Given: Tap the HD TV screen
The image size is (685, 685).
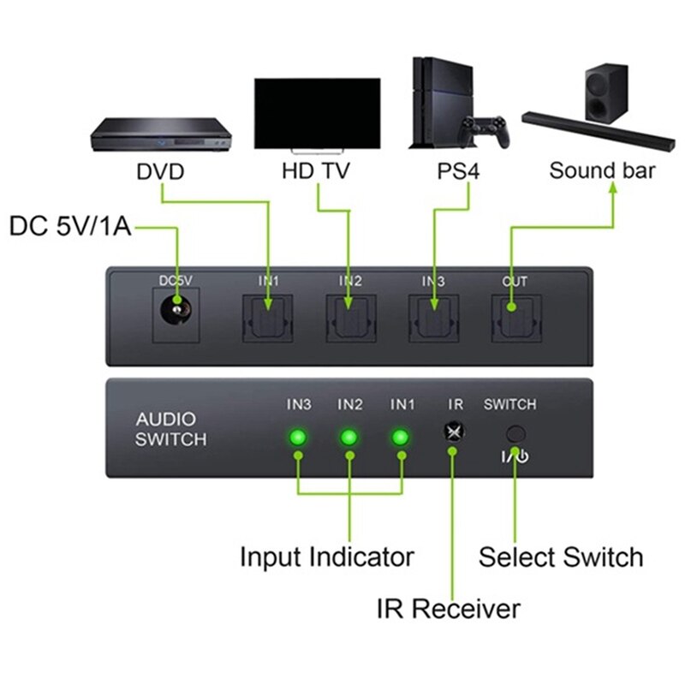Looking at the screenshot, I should click(317, 113).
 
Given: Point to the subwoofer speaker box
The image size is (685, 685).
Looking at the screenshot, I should click(606, 92).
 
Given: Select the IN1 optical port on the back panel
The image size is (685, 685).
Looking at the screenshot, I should click(268, 318).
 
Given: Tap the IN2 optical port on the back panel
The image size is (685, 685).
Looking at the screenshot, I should click(349, 318).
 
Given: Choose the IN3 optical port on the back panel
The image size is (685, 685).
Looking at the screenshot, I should click(433, 318).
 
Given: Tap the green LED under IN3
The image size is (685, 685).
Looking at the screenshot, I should click(298, 438).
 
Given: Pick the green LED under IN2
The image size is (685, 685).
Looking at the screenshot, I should click(348, 438).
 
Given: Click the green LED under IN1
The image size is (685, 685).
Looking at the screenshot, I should click(400, 438).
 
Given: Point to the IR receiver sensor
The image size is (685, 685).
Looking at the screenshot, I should click(453, 432).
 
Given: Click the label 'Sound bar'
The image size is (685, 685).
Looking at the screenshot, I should click(602, 170).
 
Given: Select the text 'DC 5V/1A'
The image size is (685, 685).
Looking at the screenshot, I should click(70, 228).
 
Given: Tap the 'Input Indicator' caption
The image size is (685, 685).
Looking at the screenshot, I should click(327, 557).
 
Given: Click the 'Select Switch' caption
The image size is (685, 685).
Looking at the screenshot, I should click(561, 557).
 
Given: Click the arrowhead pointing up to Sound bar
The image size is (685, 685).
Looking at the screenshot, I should click(613, 193).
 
